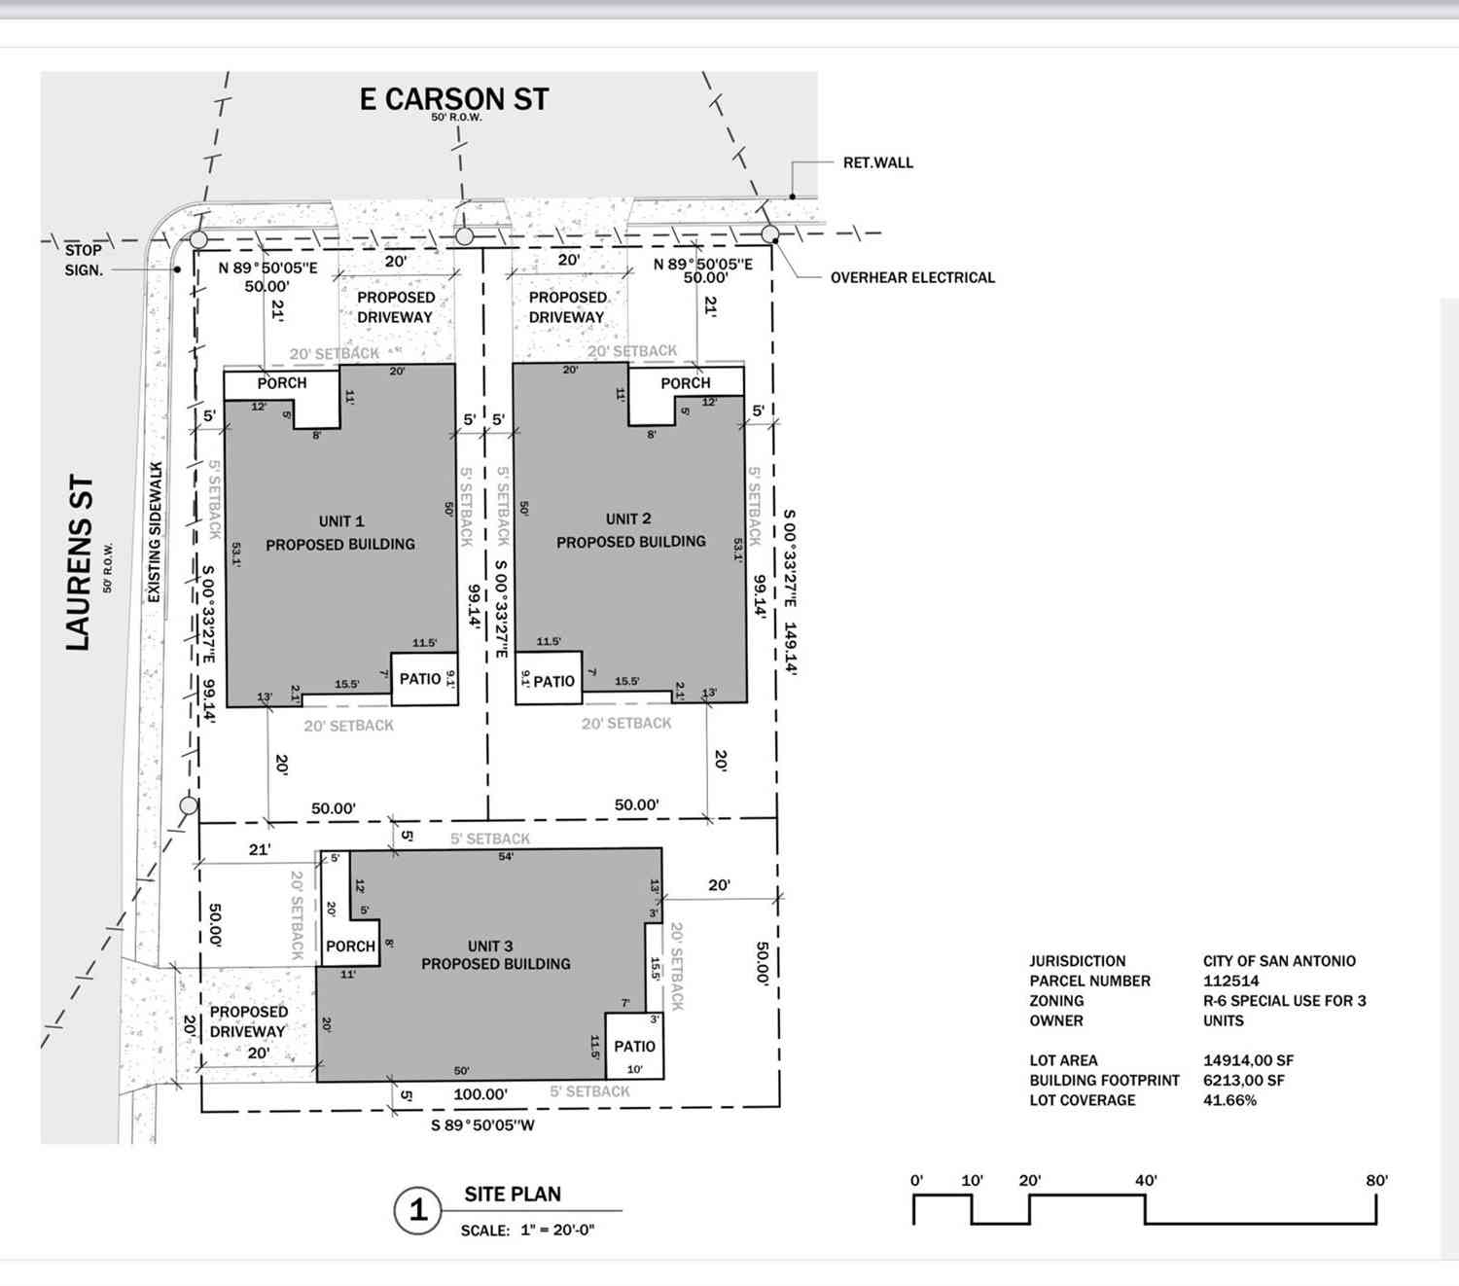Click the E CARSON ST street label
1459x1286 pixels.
point(453,98)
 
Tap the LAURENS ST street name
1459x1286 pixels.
point(79,562)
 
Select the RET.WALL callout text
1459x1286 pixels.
point(878,162)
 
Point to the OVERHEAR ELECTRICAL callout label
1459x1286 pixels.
point(912,277)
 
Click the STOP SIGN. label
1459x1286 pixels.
point(84,260)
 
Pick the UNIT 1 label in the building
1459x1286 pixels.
point(341,520)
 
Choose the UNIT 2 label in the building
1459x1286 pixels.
point(628,518)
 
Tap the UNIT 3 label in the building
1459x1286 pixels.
point(490,946)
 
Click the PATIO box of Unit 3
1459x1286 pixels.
point(634,1046)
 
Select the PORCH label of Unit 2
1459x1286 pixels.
point(686,383)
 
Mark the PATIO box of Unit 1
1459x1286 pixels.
point(424,679)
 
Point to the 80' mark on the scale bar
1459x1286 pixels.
point(1376,1180)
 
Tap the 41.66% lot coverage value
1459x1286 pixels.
point(1229,1100)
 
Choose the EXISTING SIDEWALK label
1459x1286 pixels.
point(155,532)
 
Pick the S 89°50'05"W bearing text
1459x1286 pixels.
point(483,1125)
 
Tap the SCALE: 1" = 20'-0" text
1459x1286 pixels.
point(528,1230)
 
